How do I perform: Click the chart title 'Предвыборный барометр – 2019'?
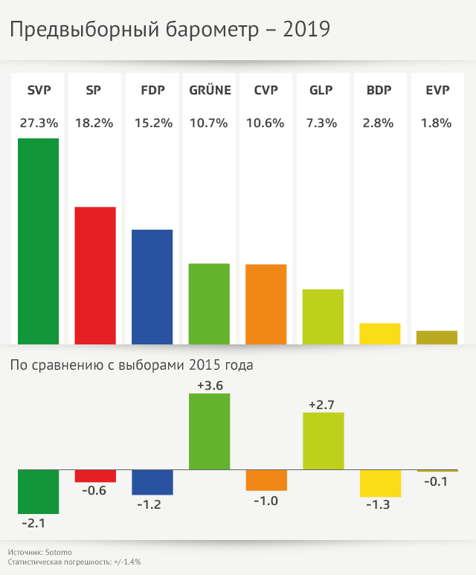click(169, 30)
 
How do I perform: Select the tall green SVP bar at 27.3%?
click(38, 241)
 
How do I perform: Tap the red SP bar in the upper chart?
click(95, 275)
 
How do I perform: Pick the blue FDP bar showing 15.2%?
click(152, 286)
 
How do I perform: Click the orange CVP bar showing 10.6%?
click(266, 303)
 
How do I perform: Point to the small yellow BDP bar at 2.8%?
click(380, 333)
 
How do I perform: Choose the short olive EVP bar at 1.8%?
click(437, 337)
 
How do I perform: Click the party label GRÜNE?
click(210, 91)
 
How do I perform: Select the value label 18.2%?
click(95, 123)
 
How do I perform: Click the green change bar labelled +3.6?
click(209, 431)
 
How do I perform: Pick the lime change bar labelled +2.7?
click(324, 441)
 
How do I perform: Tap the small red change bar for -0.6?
click(95, 476)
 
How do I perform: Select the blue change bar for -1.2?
click(152, 483)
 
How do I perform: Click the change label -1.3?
click(380, 505)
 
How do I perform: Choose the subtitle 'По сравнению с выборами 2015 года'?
click(131, 365)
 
